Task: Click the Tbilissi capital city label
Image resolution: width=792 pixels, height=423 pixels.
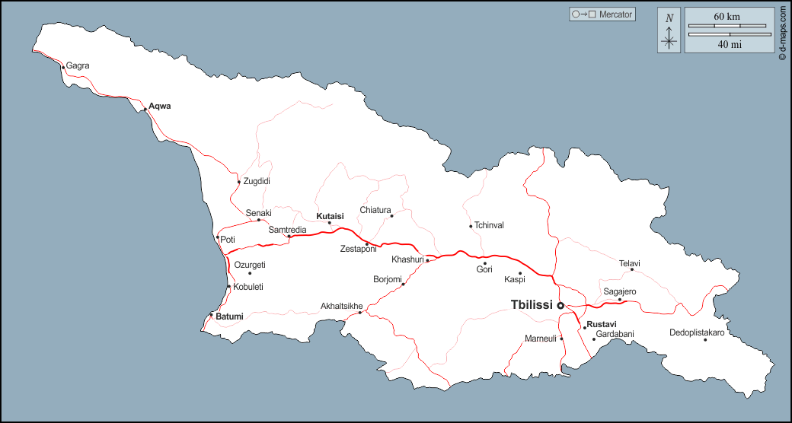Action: (532, 305)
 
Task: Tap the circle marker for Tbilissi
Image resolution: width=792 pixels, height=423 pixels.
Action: (561, 305)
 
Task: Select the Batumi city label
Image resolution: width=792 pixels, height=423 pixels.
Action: (229, 316)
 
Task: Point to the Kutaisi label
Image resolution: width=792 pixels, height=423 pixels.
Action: (331, 216)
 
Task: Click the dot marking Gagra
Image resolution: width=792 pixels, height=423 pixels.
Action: (62, 67)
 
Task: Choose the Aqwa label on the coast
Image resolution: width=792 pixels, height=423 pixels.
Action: (160, 106)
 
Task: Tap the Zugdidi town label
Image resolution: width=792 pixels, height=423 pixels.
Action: (257, 181)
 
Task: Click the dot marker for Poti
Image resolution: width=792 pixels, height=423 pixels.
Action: (218, 237)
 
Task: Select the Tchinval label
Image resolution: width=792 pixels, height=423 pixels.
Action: (489, 225)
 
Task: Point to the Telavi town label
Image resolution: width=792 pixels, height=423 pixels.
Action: (630, 263)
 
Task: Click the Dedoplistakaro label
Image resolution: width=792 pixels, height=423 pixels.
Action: (697, 332)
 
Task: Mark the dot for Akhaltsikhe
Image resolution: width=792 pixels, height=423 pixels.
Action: (360, 313)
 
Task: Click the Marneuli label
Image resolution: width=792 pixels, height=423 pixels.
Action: (541, 338)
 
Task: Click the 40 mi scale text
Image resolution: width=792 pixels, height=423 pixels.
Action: (730, 44)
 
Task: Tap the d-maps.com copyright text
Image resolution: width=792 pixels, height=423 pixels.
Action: (782, 33)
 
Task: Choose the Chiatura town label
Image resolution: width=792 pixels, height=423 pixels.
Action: (375, 210)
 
